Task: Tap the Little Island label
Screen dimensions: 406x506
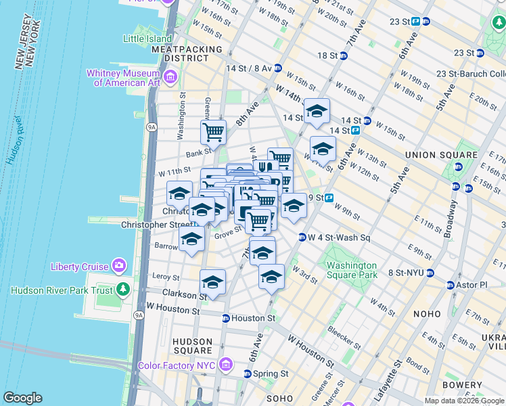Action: [x=147, y=39]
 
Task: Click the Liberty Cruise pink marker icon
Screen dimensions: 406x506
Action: [x=120, y=265]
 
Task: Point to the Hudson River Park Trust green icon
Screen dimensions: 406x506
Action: [x=122, y=290]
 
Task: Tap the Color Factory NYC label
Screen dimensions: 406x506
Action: [x=179, y=365]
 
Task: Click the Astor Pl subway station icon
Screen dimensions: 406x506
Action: [x=450, y=285]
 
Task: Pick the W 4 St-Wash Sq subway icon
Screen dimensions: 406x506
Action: [x=302, y=237]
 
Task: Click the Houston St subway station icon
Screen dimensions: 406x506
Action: [x=226, y=317]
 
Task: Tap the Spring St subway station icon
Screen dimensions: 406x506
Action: [x=248, y=374]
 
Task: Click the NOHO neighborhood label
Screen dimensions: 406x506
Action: [x=425, y=314]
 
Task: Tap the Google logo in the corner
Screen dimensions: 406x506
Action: [x=23, y=398]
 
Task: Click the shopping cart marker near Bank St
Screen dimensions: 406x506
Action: [x=213, y=133]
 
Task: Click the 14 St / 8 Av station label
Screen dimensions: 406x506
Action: [x=248, y=68]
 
